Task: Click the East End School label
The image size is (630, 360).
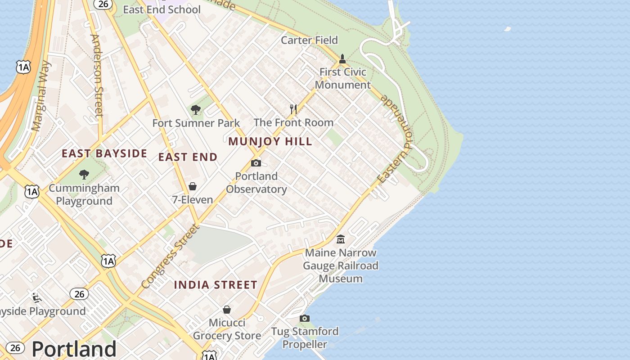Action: (x=162, y=9)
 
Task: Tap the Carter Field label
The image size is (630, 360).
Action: (x=309, y=40)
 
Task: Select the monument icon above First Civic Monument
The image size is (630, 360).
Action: (x=342, y=59)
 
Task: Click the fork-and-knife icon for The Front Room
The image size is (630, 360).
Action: (x=293, y=109)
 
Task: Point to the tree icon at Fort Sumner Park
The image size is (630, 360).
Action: (x=196, y=110)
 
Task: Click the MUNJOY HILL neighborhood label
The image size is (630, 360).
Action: (x=270, y=141)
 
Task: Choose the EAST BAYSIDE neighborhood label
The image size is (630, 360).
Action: (x=104, y=153)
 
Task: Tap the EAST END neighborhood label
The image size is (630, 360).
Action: (x=188, y=157)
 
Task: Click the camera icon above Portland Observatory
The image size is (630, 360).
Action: (x=256, y=163)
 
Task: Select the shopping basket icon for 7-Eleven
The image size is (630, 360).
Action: (x=193, y=186)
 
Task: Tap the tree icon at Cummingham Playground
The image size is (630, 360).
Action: (x=84, y=175)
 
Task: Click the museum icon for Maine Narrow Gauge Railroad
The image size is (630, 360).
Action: (x=341, y=239)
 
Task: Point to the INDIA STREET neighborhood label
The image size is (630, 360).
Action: (x=216, y=285)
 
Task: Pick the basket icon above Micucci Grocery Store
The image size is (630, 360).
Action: (x=227, y=310)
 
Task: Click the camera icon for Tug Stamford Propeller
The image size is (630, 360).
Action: (x=305, y=319)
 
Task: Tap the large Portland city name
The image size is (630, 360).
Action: (x=74, y=349)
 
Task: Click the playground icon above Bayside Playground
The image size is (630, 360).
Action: (x=36, y=297)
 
